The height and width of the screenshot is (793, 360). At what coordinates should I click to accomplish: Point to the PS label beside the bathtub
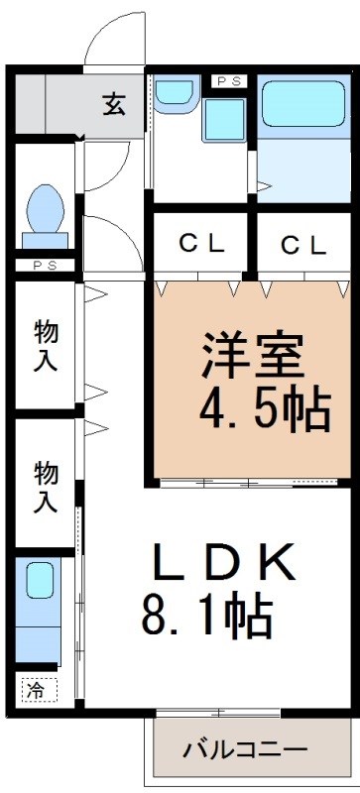[x=228, y=80]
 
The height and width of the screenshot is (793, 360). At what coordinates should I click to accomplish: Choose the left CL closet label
[x=200, y=245]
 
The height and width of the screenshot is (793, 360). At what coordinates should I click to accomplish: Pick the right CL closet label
[x=302, y=245]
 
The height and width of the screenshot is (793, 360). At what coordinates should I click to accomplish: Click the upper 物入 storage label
[x=45, y=344]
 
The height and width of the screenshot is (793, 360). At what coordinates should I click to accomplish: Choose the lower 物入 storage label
[x=45, y=486]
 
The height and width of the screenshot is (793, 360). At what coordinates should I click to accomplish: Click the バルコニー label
[x=244, y=748]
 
